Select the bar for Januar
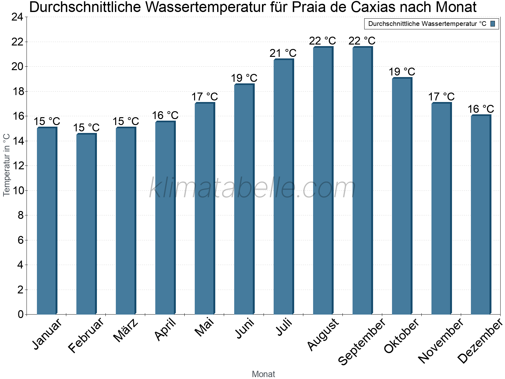coord(47,221)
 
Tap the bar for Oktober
coord(402,196)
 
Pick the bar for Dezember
coord(481,215)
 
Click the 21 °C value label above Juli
coord(283,53)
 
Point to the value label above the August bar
coord(323,41)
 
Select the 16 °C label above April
coord(165,115)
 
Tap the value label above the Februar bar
coord(86,128)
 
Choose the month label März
coord(126,330)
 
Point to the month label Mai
coord(204,328)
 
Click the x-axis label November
coord(441,341)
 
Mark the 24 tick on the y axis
coord(17,17)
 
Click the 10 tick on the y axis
coord(17,190)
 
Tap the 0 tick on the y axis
coord(21,314)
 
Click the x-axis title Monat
coord(264,374)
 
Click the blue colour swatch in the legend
coord(493,24)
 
